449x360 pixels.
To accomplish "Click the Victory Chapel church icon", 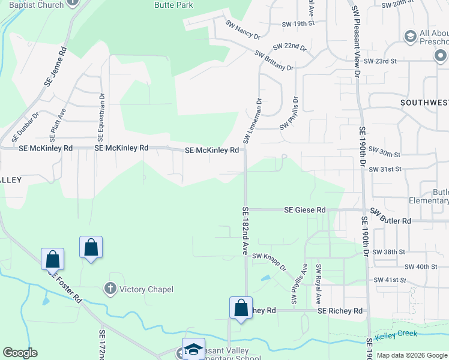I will point(110,289).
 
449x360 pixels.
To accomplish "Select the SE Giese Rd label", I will point(305,210).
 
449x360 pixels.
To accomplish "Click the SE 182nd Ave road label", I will point(245,231).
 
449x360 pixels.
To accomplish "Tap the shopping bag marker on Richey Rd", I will point(241,307).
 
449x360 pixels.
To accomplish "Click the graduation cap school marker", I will point(193,349).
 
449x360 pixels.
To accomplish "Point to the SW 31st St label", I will point(385,170).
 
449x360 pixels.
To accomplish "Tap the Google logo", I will point(20,353).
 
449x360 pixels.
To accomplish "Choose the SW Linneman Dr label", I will point(253,121).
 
